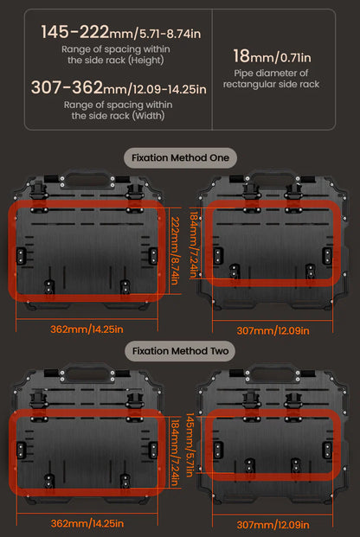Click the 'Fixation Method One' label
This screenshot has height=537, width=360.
pyautogui.click(x=180, y=158)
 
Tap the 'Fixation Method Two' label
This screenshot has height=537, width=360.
pyautogui.click(x=180, y=351)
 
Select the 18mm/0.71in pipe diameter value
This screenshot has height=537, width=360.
pyautogui.click(x=272, y=56)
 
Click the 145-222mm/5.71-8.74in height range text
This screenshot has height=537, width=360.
pyautogui.click(x=120, y=32)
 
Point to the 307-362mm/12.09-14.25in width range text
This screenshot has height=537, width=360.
pyautogui.click(x=119, y=87)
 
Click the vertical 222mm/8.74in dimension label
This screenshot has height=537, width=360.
pyautogui.click(x=175, y=251)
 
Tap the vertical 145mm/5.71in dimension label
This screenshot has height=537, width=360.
pyautogui.click(x=190, y=444)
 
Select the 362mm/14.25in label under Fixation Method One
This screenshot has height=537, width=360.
pyautogui.click(x=87, y=329)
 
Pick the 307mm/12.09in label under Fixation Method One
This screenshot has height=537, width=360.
pyautogui.click(x=273, y=331)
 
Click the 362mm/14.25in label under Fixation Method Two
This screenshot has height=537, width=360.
pyautogui.click(x=87, y=523)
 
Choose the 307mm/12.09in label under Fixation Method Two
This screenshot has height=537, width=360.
pyautogui.click(x=273, y=525)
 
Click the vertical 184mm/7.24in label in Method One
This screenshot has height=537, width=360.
pyautogui.click(x=194, y=245)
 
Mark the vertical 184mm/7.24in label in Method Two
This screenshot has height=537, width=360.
pyautogui.click(x=175, y=452)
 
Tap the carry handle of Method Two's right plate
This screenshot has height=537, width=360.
pyautogui.click(x=273, y=374)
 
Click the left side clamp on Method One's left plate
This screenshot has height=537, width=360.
pyautogui.click(x=22, y=255)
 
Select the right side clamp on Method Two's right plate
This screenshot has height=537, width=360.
pyautogui.click(x=327, y=450)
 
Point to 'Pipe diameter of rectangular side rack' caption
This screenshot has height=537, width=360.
pyautogui.click(x=271, y=79)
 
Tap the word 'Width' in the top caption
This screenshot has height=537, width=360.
pyautogui.click(x=149, y=116)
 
